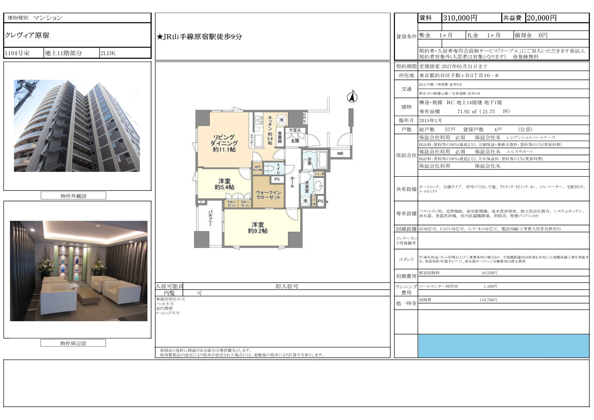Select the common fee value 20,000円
[541, 18]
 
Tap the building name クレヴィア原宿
[27, 36]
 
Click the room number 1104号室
[17, 53]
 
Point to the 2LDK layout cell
[108, 53]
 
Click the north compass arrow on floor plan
[352, 97]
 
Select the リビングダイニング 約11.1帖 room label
[224, 143]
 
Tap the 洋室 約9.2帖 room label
[257, 228]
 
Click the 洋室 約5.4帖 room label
[224, 184]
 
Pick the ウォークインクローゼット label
[268, 195]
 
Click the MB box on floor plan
[340, 153]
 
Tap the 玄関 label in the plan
[295, 141]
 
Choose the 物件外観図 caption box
[73, 196]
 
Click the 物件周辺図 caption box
[73, 343]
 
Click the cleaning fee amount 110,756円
[488, 300]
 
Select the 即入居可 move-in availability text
[287, 286]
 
